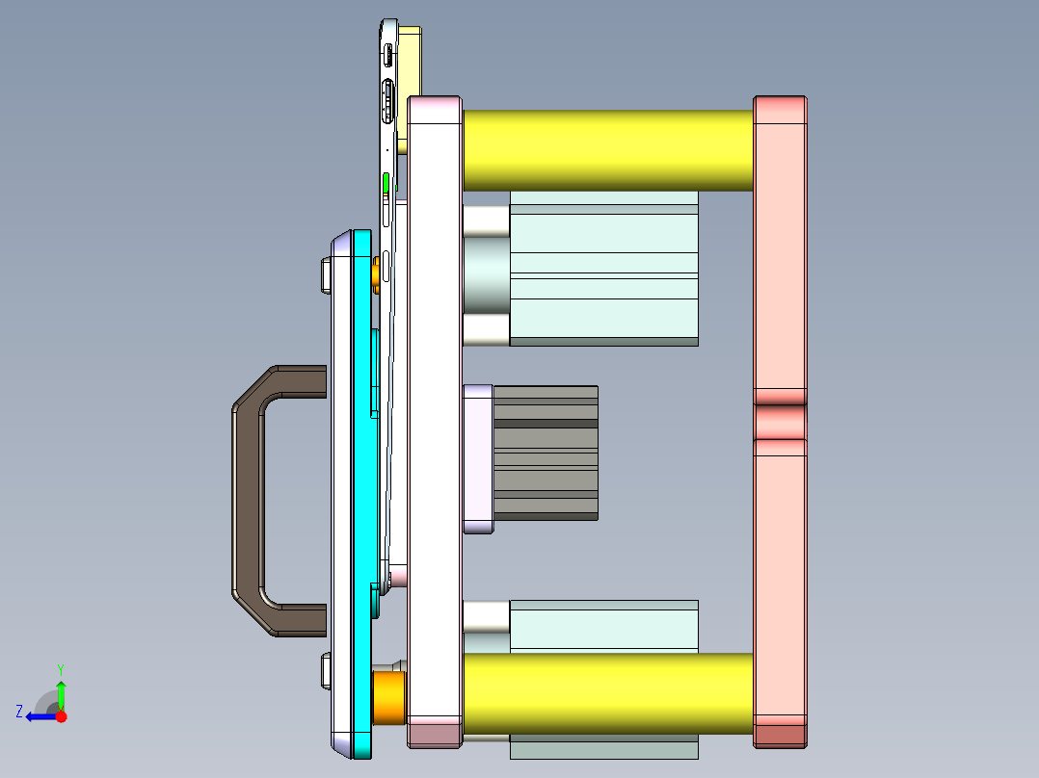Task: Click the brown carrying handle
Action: (249, 501)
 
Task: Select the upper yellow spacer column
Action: (607, 149)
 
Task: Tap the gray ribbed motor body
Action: (546, 454)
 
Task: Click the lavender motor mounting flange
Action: (478, 458)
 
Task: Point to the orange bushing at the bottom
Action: (389, 697)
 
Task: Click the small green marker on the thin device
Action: (386, 183)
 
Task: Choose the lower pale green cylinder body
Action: (602, 626)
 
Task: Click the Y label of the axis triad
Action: (60, 668)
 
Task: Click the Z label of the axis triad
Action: (19, 712)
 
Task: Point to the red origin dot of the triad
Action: (61, 716)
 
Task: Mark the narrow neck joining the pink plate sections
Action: (780, 422)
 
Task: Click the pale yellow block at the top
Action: (411, 58)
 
